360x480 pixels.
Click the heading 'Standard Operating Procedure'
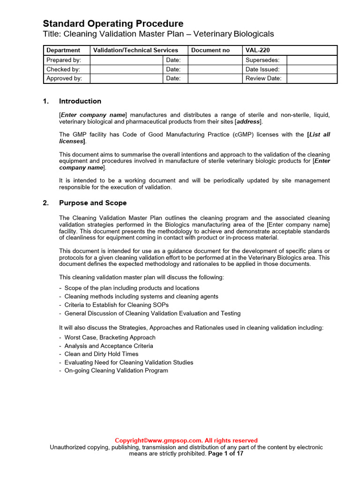(x=113, y=23)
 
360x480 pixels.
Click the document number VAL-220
(x=257, y=50)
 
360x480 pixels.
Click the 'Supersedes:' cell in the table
(x=262, y=60)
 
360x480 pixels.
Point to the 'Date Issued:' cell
(x=262, y=69)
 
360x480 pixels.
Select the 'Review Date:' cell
(x=263, y=78)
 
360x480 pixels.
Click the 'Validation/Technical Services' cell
(x=136, y=50)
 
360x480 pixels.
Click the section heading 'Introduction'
(x=80, y=101)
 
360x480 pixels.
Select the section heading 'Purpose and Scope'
(x=92, y=203)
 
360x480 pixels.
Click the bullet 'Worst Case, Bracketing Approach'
(x=110, y=337)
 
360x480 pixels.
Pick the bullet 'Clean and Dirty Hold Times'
(x=101, y=354)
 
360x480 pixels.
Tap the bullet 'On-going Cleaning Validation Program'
(x=116, y=371)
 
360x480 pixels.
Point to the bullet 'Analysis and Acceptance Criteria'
(x=109, y=346)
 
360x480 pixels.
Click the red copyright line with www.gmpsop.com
(x=186, y=441)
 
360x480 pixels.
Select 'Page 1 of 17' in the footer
(x=226, y=454)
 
